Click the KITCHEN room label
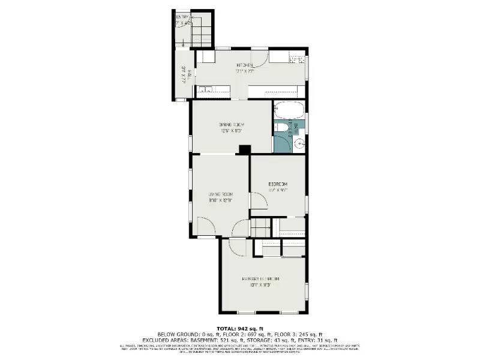pyautogui.click(x=246, y=65)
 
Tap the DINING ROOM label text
pyautogui.click(x=231, y=125)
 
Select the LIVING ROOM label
pyautogui.click(x=220, y=194)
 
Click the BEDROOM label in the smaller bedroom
pyautogui.click(x=278, y=184)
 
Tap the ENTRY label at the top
pyautogui.click(x=181, y=17)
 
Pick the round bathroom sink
pyautogui.click(x=298, y=144)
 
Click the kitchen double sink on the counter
pyautogui.click(x=205, y=90)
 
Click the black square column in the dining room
pyautogui.click(x=244, y=149)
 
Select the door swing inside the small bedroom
pyautogui.click(x=258, y=200)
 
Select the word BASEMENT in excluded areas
pyautogui.click(x=224, y=340)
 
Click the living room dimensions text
pyautogui.click(x=220, y=201)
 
